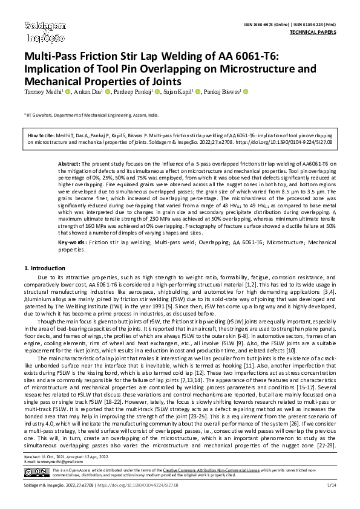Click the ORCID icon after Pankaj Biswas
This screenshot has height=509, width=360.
click(x=246, y=92)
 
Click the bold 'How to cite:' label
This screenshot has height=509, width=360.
click(x=42, y=137)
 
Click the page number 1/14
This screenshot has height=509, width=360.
click(x=331, y=502)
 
